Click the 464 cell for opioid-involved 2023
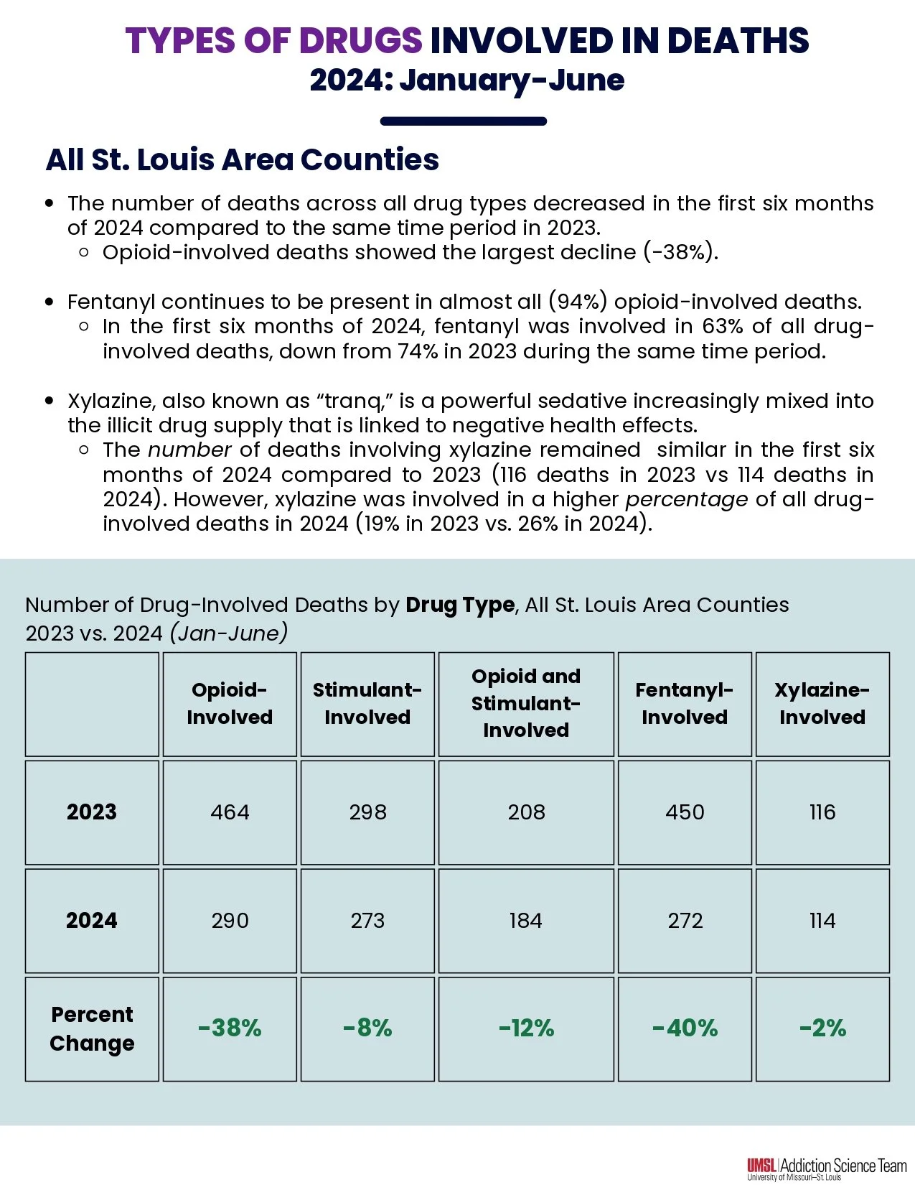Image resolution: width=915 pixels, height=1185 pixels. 230,812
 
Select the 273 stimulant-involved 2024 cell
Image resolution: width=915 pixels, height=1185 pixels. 367,921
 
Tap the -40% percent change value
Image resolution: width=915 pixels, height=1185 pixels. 685,1028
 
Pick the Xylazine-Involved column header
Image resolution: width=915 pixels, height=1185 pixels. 822,703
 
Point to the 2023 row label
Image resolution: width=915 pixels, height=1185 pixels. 92,812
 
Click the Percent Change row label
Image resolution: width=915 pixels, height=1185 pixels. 92,1028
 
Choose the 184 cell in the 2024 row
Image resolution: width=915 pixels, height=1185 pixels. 526,921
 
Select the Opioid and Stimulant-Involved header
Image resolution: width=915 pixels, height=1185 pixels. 526,703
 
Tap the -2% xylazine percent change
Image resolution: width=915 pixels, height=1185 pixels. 822,1028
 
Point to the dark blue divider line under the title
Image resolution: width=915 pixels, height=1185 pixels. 464,121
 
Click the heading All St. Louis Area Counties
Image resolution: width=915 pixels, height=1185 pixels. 243,159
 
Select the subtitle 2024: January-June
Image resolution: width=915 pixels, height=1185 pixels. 467,80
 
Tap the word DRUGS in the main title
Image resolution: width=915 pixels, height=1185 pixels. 360,40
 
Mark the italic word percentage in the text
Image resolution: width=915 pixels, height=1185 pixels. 686,499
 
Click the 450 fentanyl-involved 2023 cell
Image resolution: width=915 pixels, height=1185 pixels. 685,812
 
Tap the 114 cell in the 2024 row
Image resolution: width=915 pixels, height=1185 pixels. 822,921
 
